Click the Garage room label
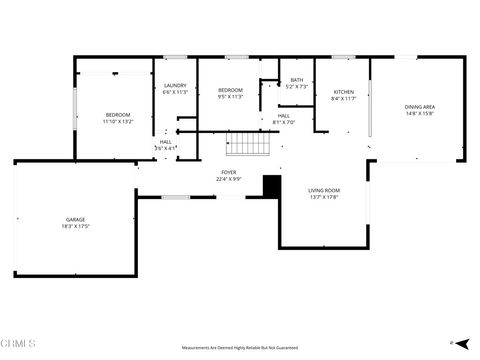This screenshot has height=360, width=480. coord(76,219)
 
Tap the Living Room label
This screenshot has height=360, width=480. coord(323,190)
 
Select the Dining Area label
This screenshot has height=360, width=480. coord(419,106)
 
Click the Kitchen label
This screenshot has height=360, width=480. coord(343,91)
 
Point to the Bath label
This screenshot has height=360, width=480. coord(296,80)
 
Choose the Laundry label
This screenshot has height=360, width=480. coord(175,86)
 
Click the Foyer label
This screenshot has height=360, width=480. coord(229,172)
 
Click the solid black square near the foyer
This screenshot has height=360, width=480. coord(270,186)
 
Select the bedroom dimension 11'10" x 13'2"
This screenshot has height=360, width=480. coord(118,122)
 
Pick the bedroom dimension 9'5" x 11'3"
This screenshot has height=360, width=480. coord(230,97)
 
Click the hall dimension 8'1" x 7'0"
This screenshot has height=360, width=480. coord(284,122)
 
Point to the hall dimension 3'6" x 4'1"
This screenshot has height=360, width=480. coord(164,149)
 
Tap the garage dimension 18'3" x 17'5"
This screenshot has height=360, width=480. coord(76,226)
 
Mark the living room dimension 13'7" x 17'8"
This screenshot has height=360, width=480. coord(323,197)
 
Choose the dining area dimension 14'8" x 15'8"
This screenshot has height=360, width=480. coord(419,113)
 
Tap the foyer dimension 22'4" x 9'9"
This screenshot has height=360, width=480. coord(229,179)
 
